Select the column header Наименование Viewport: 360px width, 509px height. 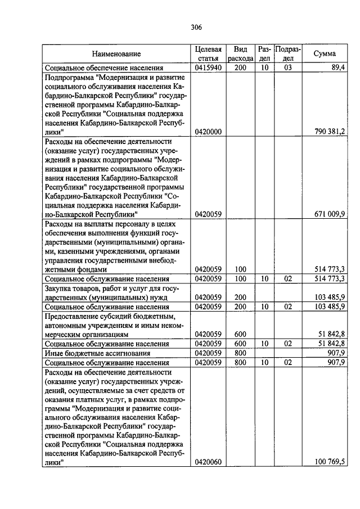tap(117, 54)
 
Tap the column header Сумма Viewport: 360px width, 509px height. tap(325, 54)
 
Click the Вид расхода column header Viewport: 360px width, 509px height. tap(241, 54)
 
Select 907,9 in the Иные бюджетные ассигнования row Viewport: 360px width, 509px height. tap(336, 353)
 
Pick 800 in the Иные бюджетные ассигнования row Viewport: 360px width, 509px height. tap(241, 353)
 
